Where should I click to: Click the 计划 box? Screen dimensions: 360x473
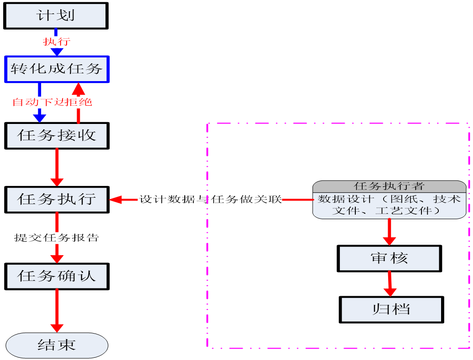[x=56, y=16]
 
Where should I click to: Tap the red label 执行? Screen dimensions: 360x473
[x=57, y=42]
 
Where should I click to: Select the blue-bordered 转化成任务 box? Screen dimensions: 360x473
[x=57, y=69]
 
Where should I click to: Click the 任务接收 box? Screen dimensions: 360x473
[x=57, y=135]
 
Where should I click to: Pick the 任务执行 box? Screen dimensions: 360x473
[x=57, y=199]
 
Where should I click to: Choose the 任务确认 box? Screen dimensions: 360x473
[x=57, y=276]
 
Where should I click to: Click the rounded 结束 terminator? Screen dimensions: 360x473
[x=57, y=345]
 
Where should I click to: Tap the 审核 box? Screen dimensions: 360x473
[x=389, y=258]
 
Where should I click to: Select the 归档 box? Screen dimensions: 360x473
[x=391, y=309]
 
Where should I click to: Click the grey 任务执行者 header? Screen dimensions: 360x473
[x=389, y=186]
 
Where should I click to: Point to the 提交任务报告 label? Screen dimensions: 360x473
[x=57, y=237]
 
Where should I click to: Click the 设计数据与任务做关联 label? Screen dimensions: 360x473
[x=210, y=199]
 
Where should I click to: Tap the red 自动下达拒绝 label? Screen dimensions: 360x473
[x=52, y=102]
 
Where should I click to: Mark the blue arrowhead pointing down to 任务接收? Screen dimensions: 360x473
[x=40, y=118]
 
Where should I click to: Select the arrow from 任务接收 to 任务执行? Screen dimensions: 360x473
[x=57, y=166]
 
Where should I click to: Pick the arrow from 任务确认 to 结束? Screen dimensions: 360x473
[x=57, y=310]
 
